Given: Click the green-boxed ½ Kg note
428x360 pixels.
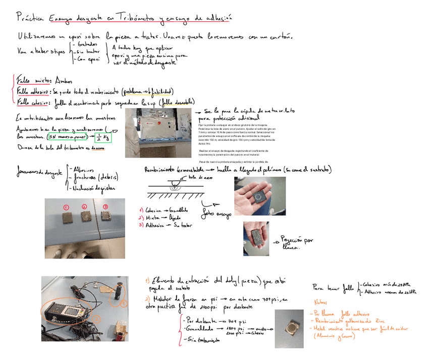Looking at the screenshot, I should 103,137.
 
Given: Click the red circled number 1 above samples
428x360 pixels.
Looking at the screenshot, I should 66,207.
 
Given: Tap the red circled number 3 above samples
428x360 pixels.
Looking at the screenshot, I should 105,207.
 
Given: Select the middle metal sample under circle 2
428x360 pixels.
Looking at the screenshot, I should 86,216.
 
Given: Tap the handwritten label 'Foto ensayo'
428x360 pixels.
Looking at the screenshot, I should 217,213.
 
